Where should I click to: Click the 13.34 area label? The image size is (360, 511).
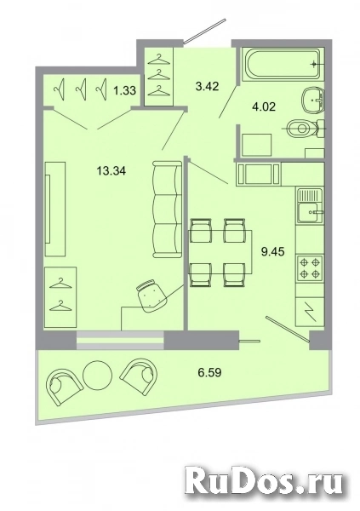111,170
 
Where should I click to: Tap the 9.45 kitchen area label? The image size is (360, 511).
273,251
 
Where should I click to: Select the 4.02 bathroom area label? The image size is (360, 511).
264,106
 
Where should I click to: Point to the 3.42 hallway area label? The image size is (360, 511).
207,86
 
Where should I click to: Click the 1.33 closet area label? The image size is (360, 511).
124,90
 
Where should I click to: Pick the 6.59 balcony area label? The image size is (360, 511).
210,372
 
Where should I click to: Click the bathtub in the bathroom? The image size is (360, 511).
283,64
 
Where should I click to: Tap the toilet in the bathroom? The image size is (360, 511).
306,129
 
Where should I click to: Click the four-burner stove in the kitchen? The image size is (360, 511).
310,268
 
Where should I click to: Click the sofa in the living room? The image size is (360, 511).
167,210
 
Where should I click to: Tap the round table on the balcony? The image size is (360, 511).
97,375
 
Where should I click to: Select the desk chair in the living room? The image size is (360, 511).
152,296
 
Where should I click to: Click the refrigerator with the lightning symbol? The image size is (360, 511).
310,311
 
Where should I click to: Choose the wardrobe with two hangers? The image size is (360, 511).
60,297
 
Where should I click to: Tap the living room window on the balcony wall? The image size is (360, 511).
120,341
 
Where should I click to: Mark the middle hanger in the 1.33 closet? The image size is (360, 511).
81,89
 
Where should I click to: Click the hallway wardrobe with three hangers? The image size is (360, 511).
158,77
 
